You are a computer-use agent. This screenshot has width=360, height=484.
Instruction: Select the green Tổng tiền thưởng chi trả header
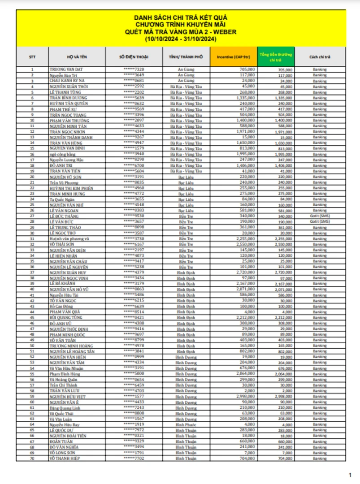275,57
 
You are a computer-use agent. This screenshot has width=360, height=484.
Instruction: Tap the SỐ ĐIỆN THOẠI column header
134,57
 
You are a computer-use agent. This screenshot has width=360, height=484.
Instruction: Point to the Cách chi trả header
320,57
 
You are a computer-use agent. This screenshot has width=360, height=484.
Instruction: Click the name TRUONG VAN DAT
67,69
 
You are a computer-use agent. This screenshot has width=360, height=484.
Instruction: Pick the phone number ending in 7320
134,69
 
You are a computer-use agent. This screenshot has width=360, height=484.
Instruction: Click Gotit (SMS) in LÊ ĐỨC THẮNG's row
320,216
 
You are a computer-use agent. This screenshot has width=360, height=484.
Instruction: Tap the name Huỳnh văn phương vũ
69,238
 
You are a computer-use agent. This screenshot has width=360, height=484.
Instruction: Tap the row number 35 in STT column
32,261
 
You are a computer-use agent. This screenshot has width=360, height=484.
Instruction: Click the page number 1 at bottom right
350,475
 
